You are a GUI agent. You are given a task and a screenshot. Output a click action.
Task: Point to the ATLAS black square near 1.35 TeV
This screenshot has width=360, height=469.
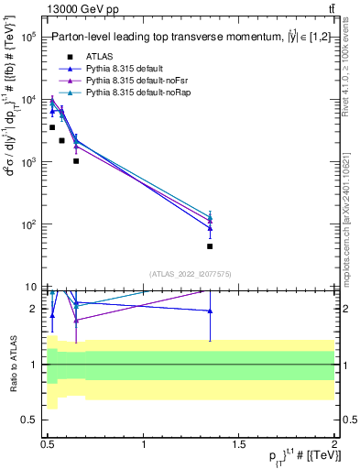[x=210, y=246]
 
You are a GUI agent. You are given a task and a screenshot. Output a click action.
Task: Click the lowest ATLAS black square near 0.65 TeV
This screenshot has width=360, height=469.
[x=76, y=161]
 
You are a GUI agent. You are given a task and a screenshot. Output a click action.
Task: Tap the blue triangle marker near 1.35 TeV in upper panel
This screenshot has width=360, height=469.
[x=210, y=228]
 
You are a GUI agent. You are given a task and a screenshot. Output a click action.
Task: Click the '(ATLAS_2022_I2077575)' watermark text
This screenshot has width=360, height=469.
[x=190, y=273]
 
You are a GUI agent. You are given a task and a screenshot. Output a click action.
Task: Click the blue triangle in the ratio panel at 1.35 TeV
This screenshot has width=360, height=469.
[x=210, y=311]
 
